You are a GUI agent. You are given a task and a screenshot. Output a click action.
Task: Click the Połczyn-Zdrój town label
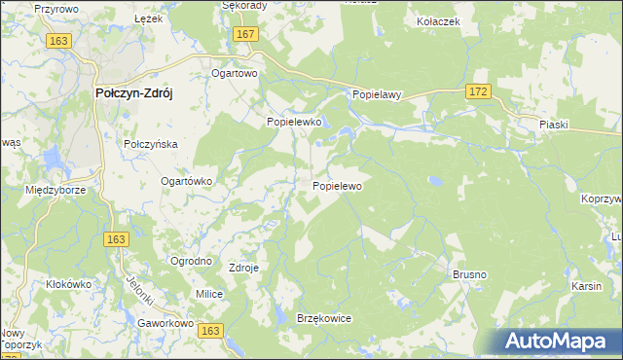pos(133,92)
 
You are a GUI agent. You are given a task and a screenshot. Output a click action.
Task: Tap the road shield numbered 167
pos(246,34)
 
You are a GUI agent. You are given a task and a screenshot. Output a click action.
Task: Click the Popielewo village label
pos(338,185)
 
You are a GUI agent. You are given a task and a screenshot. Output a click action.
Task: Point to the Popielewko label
pos(294,123)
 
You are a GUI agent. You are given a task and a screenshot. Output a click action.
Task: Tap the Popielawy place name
pos(377,95)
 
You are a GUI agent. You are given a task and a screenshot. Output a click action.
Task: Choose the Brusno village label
pos(469,275)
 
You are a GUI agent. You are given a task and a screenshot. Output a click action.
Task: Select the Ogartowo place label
pos(235,73)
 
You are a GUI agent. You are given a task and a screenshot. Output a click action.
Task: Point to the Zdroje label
pos(241,268)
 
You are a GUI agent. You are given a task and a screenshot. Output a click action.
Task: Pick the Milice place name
pos(209,294)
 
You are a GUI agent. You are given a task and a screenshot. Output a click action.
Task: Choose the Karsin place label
pos(586,287)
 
